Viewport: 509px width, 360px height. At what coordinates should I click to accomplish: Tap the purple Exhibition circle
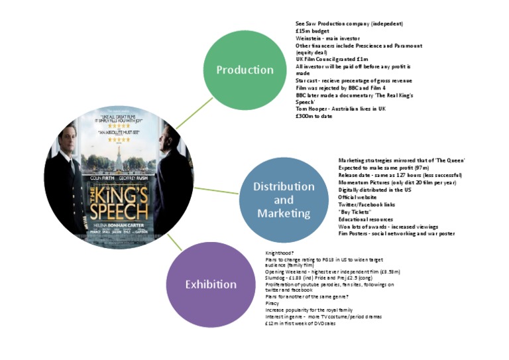coord(210,284)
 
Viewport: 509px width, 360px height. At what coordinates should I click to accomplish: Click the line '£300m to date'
coord(314,117)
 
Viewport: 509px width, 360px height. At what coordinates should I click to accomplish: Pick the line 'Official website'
coord(357,197)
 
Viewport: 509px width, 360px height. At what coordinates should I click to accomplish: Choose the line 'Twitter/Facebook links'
coord(366,204)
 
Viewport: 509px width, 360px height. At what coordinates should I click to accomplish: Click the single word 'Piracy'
coord(272,304)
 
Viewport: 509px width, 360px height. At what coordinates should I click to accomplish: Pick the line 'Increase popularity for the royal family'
coord(309,310)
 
